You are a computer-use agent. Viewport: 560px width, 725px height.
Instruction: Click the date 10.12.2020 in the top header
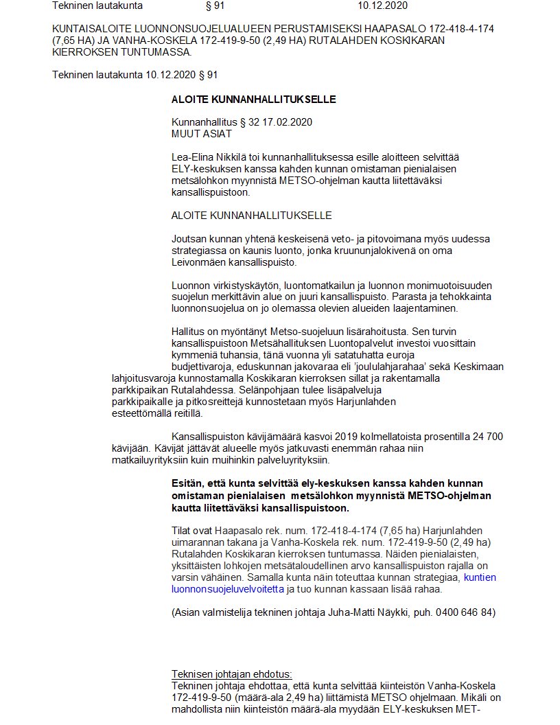(382, 5)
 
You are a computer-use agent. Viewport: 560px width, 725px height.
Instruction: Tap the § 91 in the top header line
(215, 5)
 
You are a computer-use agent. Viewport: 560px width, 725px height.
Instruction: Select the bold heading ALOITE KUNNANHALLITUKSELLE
(253, 99)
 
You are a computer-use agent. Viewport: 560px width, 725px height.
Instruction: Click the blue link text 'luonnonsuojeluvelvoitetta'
(227, 588)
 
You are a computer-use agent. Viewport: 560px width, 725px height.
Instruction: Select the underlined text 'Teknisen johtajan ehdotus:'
(231, 674)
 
